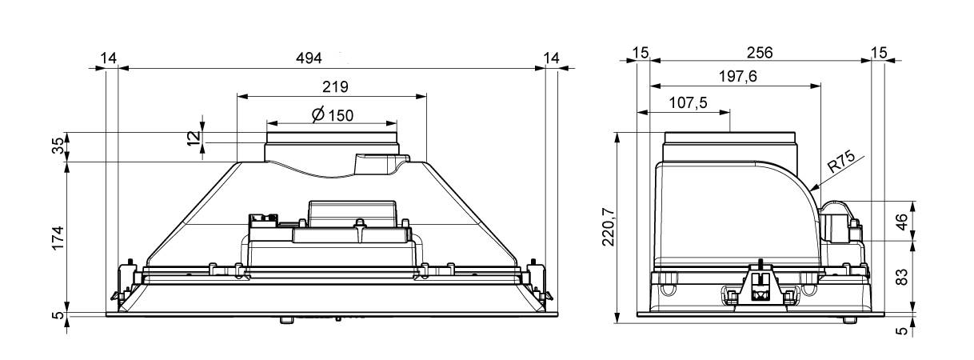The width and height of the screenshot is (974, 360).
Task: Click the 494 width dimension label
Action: point(309,58)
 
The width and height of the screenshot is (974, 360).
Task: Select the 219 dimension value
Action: point(335,87)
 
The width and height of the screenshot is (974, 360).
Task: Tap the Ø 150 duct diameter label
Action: point(333,115)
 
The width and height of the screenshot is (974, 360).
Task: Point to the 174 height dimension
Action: point(58,238)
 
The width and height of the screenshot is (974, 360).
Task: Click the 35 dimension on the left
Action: point(58,146)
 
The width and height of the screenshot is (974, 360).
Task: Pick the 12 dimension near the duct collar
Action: point(194,138)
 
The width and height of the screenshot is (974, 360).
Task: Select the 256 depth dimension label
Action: point(760,53)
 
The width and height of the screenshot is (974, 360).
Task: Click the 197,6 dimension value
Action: point(738,77)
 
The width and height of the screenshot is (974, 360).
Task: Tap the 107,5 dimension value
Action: point(688,103)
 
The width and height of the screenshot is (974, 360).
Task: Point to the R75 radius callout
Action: point(841,162)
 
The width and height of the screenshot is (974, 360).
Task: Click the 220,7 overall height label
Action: point(609,226)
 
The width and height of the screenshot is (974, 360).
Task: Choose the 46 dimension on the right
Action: point(902,222)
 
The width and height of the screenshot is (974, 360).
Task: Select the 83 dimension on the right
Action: point(902,277)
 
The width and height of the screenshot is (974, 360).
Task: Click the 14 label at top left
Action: point(108,58)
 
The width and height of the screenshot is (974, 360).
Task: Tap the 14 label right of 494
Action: point(551,58)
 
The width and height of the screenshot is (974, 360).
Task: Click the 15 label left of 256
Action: point(640,53)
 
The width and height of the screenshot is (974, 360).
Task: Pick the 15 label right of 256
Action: point(879,53)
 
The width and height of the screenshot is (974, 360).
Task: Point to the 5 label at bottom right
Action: point(902,331)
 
